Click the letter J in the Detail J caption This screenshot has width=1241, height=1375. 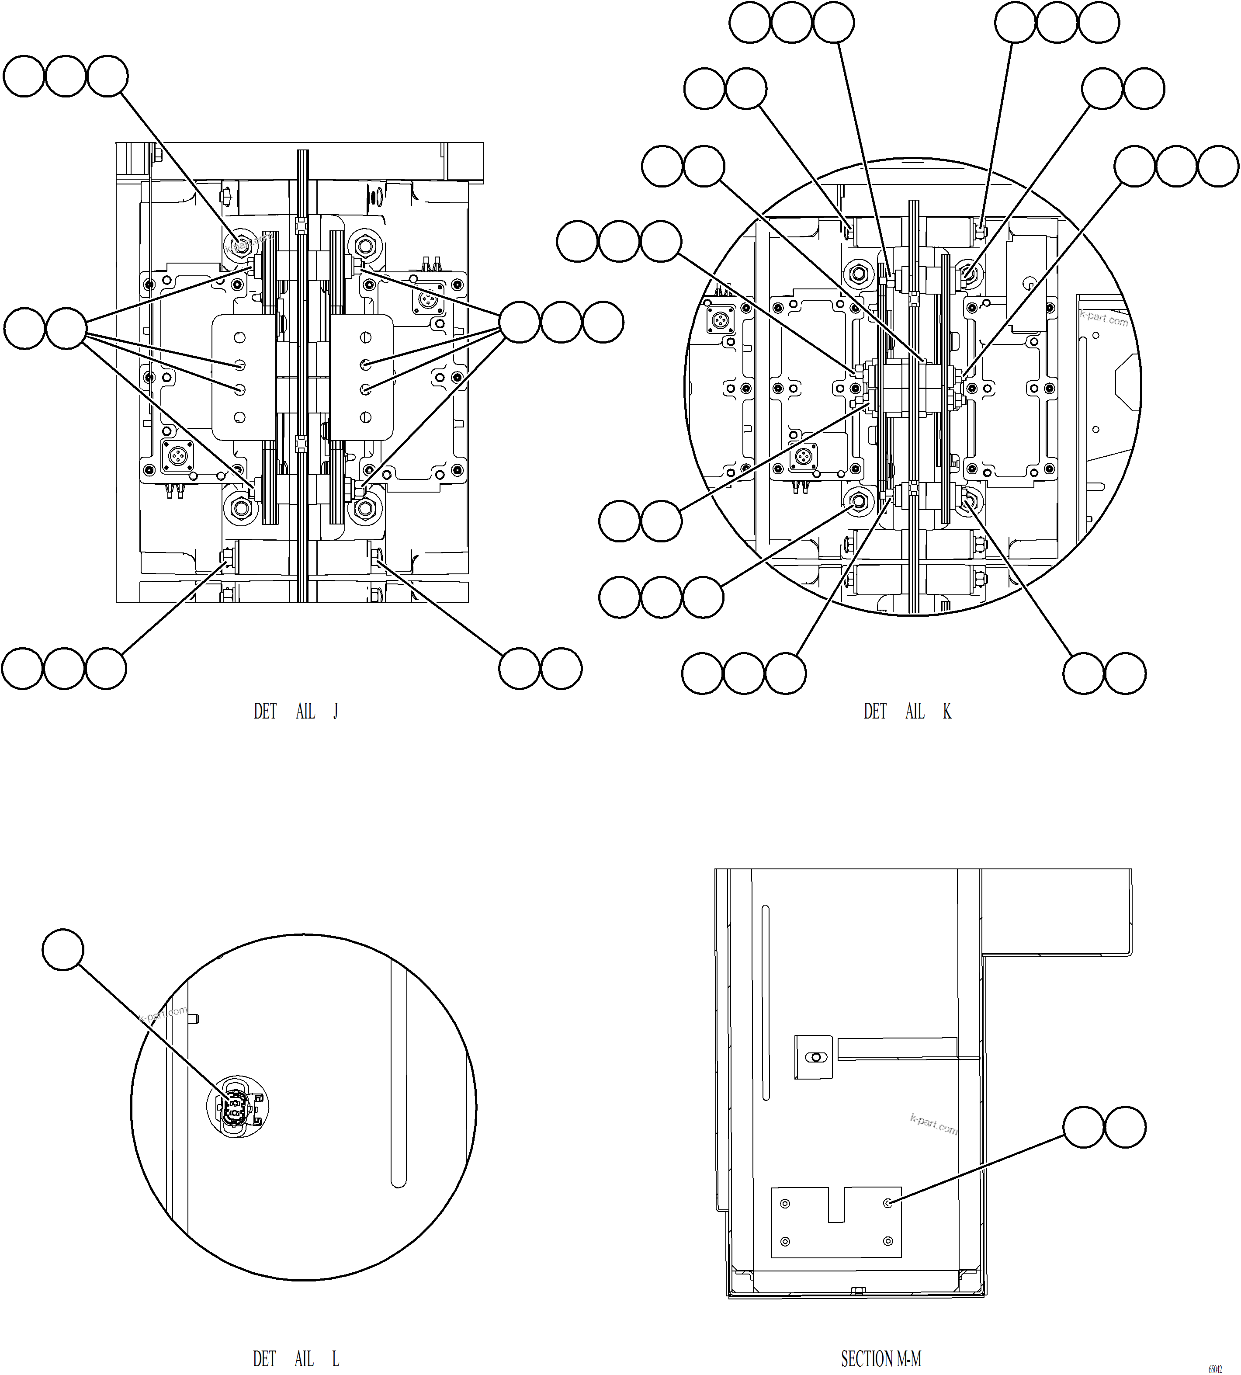click(x=336, y=712)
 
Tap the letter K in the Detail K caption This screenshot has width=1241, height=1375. click(x=947, y=712)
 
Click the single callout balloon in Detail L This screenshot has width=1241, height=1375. click(x=63, y=949)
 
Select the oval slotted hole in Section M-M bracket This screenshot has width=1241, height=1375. click(x=814, y=1057)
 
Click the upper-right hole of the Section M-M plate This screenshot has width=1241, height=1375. click(x=888, y=1204)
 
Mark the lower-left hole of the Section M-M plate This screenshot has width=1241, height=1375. click(x=785, y=1241)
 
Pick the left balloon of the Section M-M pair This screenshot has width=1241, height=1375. click(x=1084, y=1127)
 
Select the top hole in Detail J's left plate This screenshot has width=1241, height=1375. click(x=240, y=337)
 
